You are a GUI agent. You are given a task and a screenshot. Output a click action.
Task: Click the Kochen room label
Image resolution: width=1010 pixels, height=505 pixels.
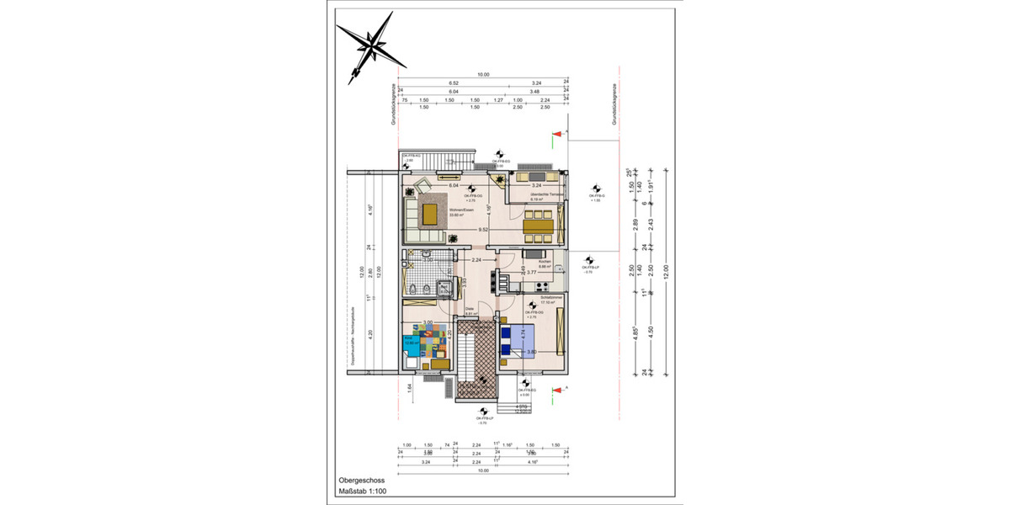pos(545,262)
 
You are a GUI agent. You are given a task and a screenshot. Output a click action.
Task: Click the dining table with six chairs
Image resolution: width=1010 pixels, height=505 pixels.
pos(539,226)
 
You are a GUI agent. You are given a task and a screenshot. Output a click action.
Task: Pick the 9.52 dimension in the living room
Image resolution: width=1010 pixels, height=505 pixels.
pos(484,229)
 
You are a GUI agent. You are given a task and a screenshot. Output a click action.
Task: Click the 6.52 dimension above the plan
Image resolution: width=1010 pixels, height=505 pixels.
pos(453,83)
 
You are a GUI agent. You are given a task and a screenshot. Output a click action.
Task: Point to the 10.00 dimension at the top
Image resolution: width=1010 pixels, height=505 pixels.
pos(483,75)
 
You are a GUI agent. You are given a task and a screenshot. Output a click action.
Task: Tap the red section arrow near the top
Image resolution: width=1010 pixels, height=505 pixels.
pos(556,134)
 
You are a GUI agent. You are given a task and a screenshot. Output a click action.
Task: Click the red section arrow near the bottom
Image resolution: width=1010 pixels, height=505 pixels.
pos(556,390)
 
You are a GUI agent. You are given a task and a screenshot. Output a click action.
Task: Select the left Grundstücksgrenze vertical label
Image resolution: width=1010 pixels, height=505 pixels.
pos(392,105)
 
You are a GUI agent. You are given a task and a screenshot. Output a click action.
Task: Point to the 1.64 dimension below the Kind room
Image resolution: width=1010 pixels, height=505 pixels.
pos(408,387)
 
